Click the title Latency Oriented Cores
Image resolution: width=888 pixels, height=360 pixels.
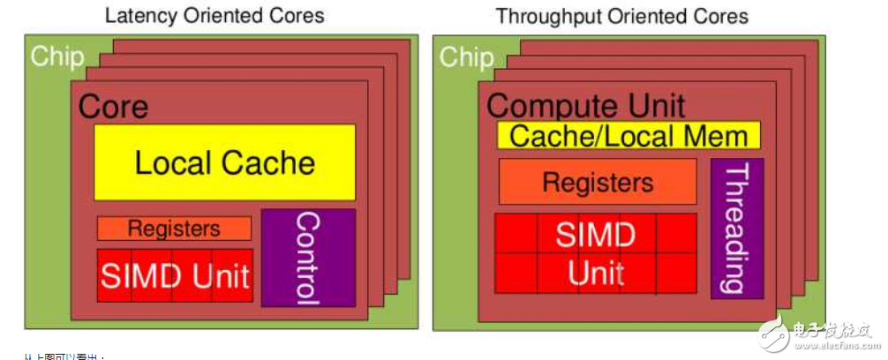(x=214, y=15)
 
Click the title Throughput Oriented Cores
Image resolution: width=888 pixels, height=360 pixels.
(x=621, y=16)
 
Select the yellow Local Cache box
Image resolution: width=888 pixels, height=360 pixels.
(x=225, y=162)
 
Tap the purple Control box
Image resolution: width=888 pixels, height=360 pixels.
(x=308, y=258)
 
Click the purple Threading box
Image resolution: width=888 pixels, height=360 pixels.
(x=736, y=229)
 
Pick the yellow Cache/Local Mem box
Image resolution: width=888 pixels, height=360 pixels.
(x=628, y=136)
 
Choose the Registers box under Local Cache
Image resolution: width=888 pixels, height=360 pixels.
(x=174, y=229)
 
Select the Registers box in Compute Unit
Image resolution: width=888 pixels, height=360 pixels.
(x=598, y=182)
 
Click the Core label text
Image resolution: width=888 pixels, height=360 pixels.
(x=113, y=107)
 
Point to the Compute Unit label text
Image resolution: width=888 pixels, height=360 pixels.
(x=585, y=106)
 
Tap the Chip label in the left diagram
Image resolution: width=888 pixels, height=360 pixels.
(x=57, y=57)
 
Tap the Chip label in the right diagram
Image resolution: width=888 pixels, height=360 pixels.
(x=466, y=57)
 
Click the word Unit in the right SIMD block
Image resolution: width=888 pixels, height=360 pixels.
(x=596, y=274)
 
